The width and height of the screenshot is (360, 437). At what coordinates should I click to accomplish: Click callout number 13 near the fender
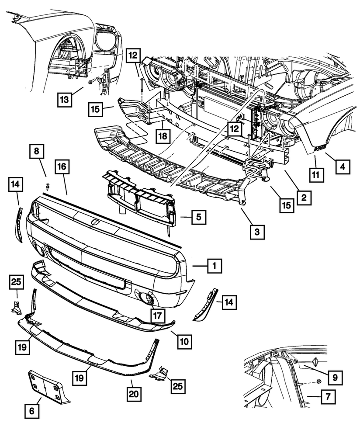(x=65, y=100)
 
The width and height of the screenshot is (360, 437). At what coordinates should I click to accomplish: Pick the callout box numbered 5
(x=198, y=217)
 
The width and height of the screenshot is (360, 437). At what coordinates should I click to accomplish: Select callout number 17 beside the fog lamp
(x=158, y=314)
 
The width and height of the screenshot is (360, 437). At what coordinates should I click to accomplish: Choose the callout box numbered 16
(x=62, y=167)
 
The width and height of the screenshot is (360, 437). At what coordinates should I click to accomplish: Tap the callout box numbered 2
(x=303, y=198)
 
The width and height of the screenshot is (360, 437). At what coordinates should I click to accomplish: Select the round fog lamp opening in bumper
(x=148, y=299)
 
